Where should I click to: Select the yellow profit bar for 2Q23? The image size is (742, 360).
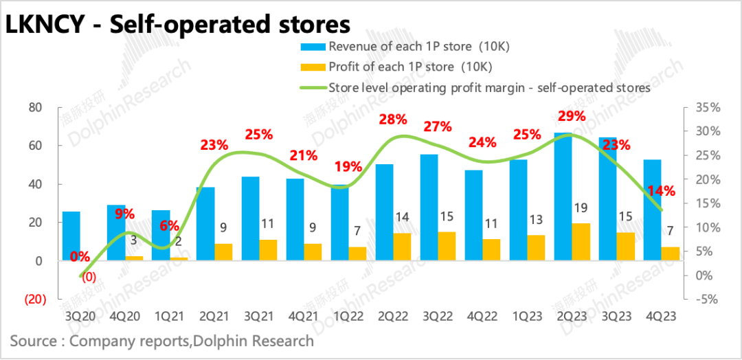pos(581,242)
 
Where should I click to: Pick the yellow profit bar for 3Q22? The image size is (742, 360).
pos(447,246)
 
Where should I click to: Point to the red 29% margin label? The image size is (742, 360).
pos(571,116)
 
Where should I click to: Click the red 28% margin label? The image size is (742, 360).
pos(393,120)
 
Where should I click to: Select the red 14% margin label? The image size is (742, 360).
pos(662,191)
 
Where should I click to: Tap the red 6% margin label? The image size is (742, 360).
pos(169,225)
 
